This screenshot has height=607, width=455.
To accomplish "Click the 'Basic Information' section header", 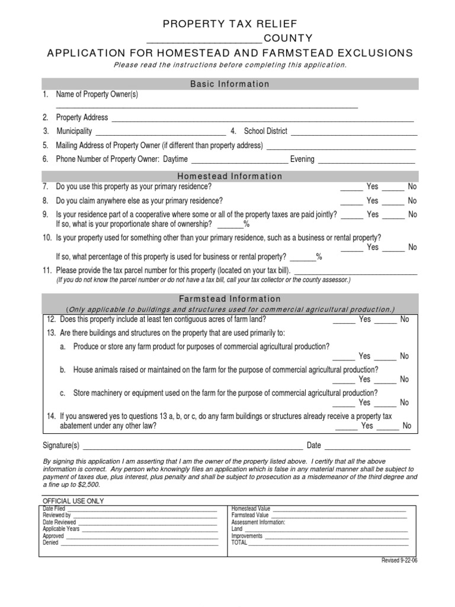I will [230, 84].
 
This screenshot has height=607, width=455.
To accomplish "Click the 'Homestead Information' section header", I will [230, 176].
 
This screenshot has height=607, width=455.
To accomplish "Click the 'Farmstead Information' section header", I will [230, 299].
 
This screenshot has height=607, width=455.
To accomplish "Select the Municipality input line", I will [160, 134].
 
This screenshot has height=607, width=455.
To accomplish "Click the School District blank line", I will [353, 134].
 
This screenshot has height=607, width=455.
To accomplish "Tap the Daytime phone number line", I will [239, 162].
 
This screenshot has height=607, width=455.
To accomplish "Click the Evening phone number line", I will [367, 162].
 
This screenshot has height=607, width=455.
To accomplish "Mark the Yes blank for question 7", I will [351, 189].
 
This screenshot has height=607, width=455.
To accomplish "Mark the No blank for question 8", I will [393, 203].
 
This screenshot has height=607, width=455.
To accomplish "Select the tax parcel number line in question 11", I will [355, 273].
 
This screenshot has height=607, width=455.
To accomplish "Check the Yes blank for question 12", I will [344, 322].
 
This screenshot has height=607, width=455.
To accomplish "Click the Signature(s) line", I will [193, 449].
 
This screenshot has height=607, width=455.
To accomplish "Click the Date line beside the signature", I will [367, 449].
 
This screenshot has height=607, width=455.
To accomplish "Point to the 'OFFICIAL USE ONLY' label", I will [73, 501].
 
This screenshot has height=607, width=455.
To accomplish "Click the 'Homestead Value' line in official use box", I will [339, 510].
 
